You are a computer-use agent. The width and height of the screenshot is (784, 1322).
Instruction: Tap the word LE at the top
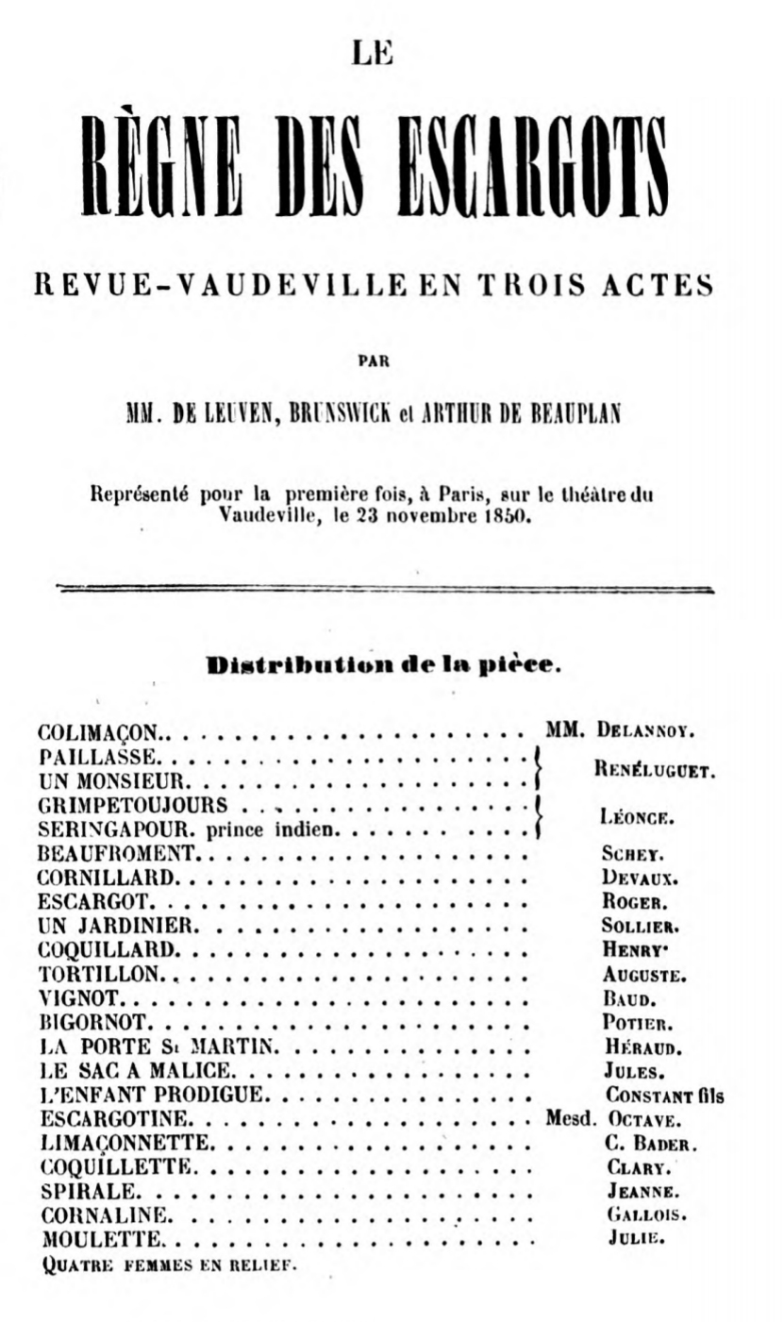(x=370, y=54)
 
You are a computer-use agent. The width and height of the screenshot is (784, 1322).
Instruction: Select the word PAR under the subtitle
(x=375, y=360)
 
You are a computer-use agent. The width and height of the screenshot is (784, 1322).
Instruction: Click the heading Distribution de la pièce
(x=384, y=664)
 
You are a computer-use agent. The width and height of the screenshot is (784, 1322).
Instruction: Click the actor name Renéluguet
(x=655, y=769)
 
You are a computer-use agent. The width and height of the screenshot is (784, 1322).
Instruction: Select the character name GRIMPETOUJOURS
(x=133, y=806)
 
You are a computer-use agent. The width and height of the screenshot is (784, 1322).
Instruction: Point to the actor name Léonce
(x=636, y=818)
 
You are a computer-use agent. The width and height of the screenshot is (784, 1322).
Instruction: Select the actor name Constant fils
(x=664, y=1096)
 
